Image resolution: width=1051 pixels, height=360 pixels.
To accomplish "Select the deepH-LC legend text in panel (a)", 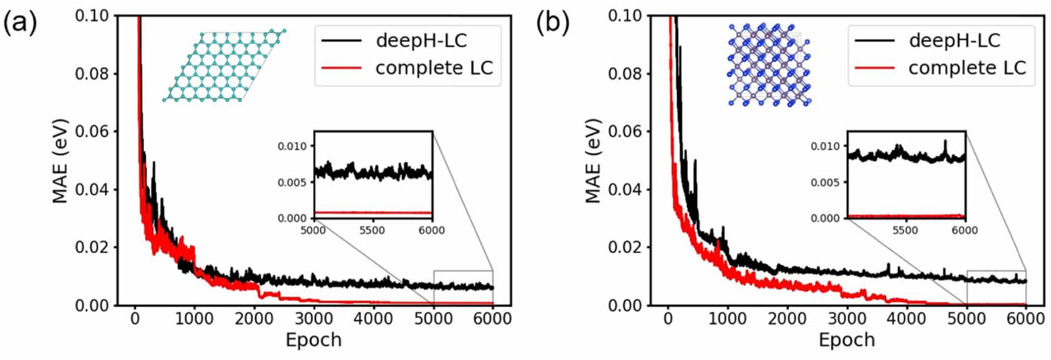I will click(421, 41).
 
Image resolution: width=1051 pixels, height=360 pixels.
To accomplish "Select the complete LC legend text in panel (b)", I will click(967, 68).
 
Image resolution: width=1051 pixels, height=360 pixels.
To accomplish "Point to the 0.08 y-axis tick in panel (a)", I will click(91, 74).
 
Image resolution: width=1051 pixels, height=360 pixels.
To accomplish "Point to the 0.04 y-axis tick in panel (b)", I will click(625, 189).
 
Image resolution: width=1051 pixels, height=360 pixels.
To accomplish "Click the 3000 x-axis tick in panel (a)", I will click(314, 319).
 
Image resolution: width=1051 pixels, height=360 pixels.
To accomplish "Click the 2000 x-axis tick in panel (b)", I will click(787, 319).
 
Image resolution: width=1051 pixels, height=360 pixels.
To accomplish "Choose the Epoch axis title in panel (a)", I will click(313, 340).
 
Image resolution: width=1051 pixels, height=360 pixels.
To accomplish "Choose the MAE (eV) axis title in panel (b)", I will click(593, 160).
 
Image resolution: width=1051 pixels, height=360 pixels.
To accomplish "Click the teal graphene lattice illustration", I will click(224, 65).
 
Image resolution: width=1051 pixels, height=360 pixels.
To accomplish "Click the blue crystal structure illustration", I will click(769, 65).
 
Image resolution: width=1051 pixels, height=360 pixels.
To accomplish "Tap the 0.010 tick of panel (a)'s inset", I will click(292, 146).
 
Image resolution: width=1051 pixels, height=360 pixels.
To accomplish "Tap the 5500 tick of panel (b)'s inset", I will click(905, 230).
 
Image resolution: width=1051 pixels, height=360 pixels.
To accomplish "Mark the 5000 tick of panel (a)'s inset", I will click(313, 230).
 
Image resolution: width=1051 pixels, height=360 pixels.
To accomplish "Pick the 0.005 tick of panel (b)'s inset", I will click(825, 182).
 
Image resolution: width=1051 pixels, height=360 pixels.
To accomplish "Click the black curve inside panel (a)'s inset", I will click(372, 173).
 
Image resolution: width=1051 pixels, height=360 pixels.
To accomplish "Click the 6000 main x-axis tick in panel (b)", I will click(1026, 319).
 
